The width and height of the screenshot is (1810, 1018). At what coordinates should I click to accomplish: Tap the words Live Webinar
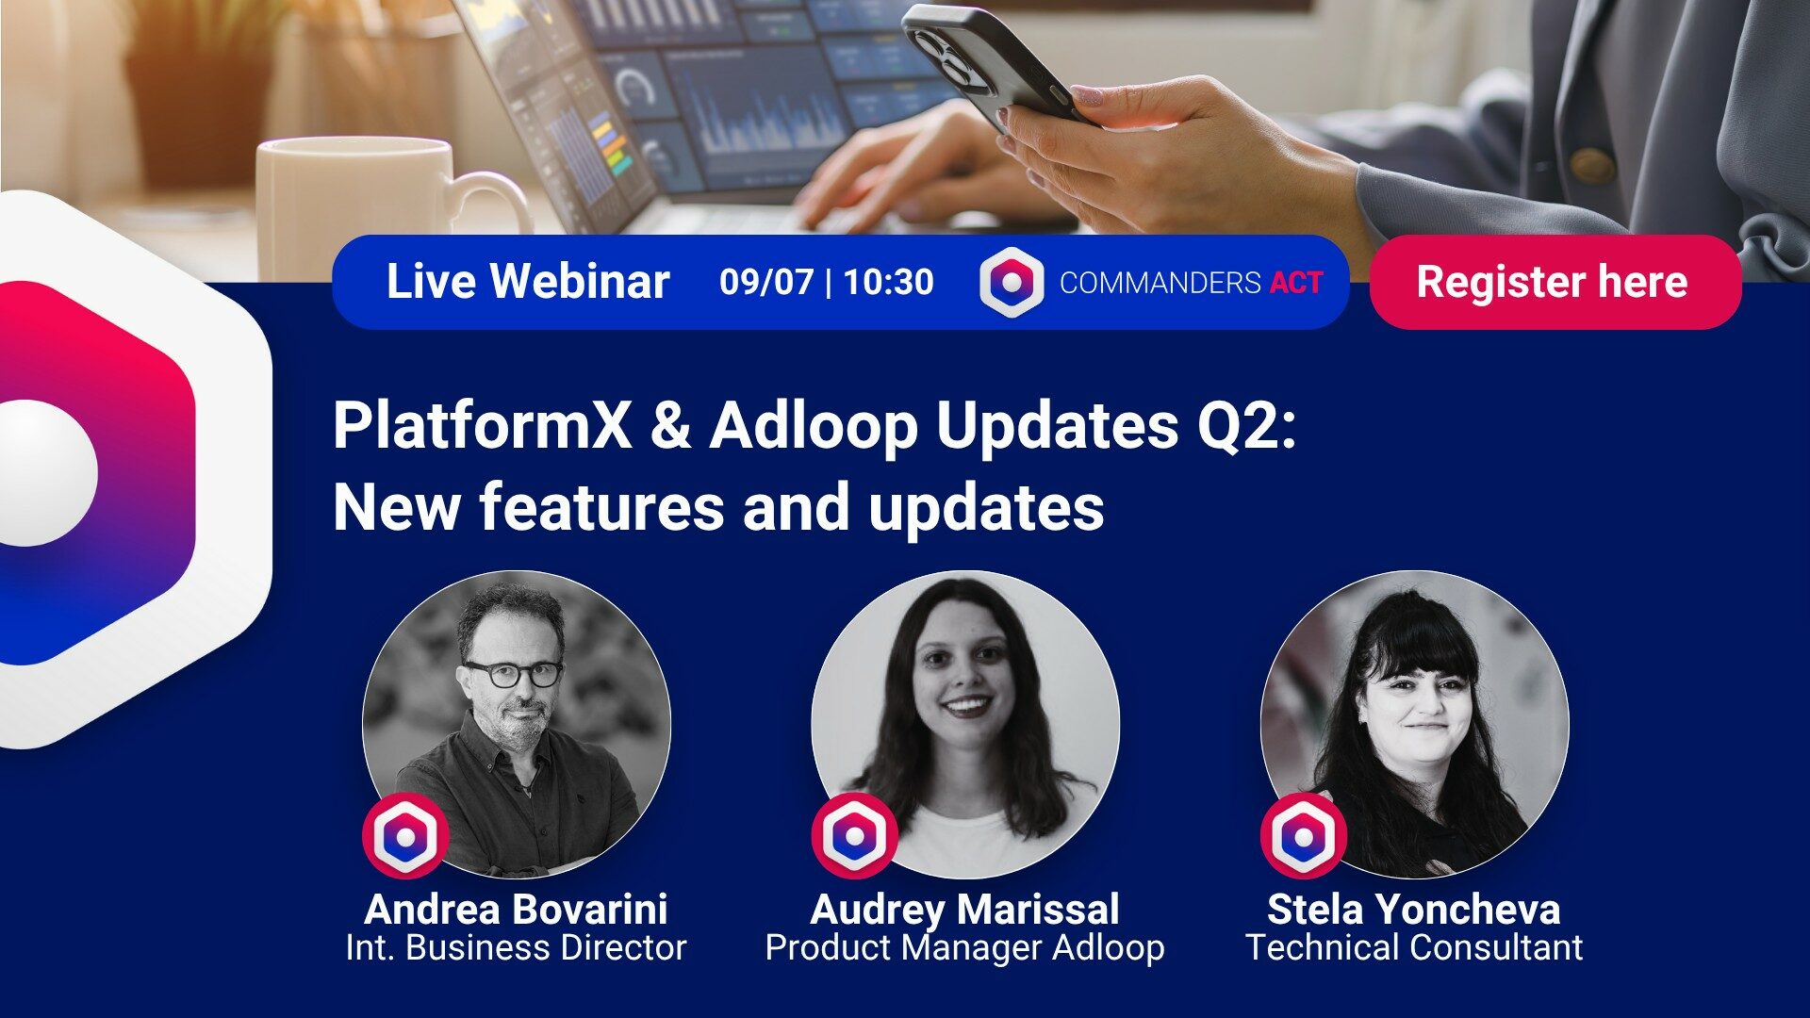528,282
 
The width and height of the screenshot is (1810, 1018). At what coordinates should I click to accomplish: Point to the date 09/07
765,282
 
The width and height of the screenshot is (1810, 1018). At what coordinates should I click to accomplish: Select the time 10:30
888,282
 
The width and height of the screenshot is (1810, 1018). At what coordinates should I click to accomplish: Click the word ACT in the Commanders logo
1296,283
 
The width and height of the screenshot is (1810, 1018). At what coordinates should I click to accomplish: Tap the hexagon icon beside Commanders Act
1012,282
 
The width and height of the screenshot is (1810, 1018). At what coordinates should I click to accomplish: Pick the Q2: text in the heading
1246,425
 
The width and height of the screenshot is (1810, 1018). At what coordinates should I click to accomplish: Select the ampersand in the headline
670,425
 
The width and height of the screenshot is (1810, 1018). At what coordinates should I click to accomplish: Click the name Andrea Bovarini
516,910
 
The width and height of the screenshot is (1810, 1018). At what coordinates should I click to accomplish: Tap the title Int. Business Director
516,947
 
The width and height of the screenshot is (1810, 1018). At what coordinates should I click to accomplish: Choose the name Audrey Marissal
964,910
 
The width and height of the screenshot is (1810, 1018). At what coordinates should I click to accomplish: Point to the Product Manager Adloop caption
964,947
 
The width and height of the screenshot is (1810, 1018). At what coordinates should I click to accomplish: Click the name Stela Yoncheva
1413,910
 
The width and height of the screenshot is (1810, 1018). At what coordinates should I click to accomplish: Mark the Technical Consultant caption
1413,947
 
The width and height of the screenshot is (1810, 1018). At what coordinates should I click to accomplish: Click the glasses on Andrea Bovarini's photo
512,673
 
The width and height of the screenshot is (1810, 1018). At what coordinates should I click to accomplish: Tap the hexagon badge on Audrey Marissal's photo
854,836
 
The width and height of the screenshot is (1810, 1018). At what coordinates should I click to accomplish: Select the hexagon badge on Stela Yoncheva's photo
1303,836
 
